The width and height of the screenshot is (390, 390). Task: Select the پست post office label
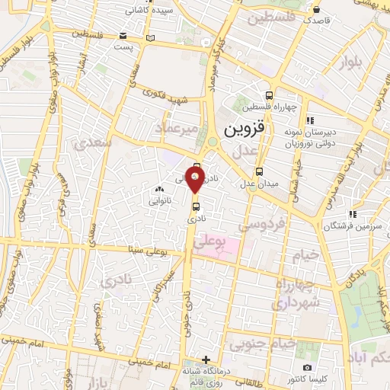(124, 47)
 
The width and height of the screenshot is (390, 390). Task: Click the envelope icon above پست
(124, 36)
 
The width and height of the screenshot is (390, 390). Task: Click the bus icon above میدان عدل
(259, 171)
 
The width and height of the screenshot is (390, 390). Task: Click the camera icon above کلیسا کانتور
(307, 367)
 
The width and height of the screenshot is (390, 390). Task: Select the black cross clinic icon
(205, 360)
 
